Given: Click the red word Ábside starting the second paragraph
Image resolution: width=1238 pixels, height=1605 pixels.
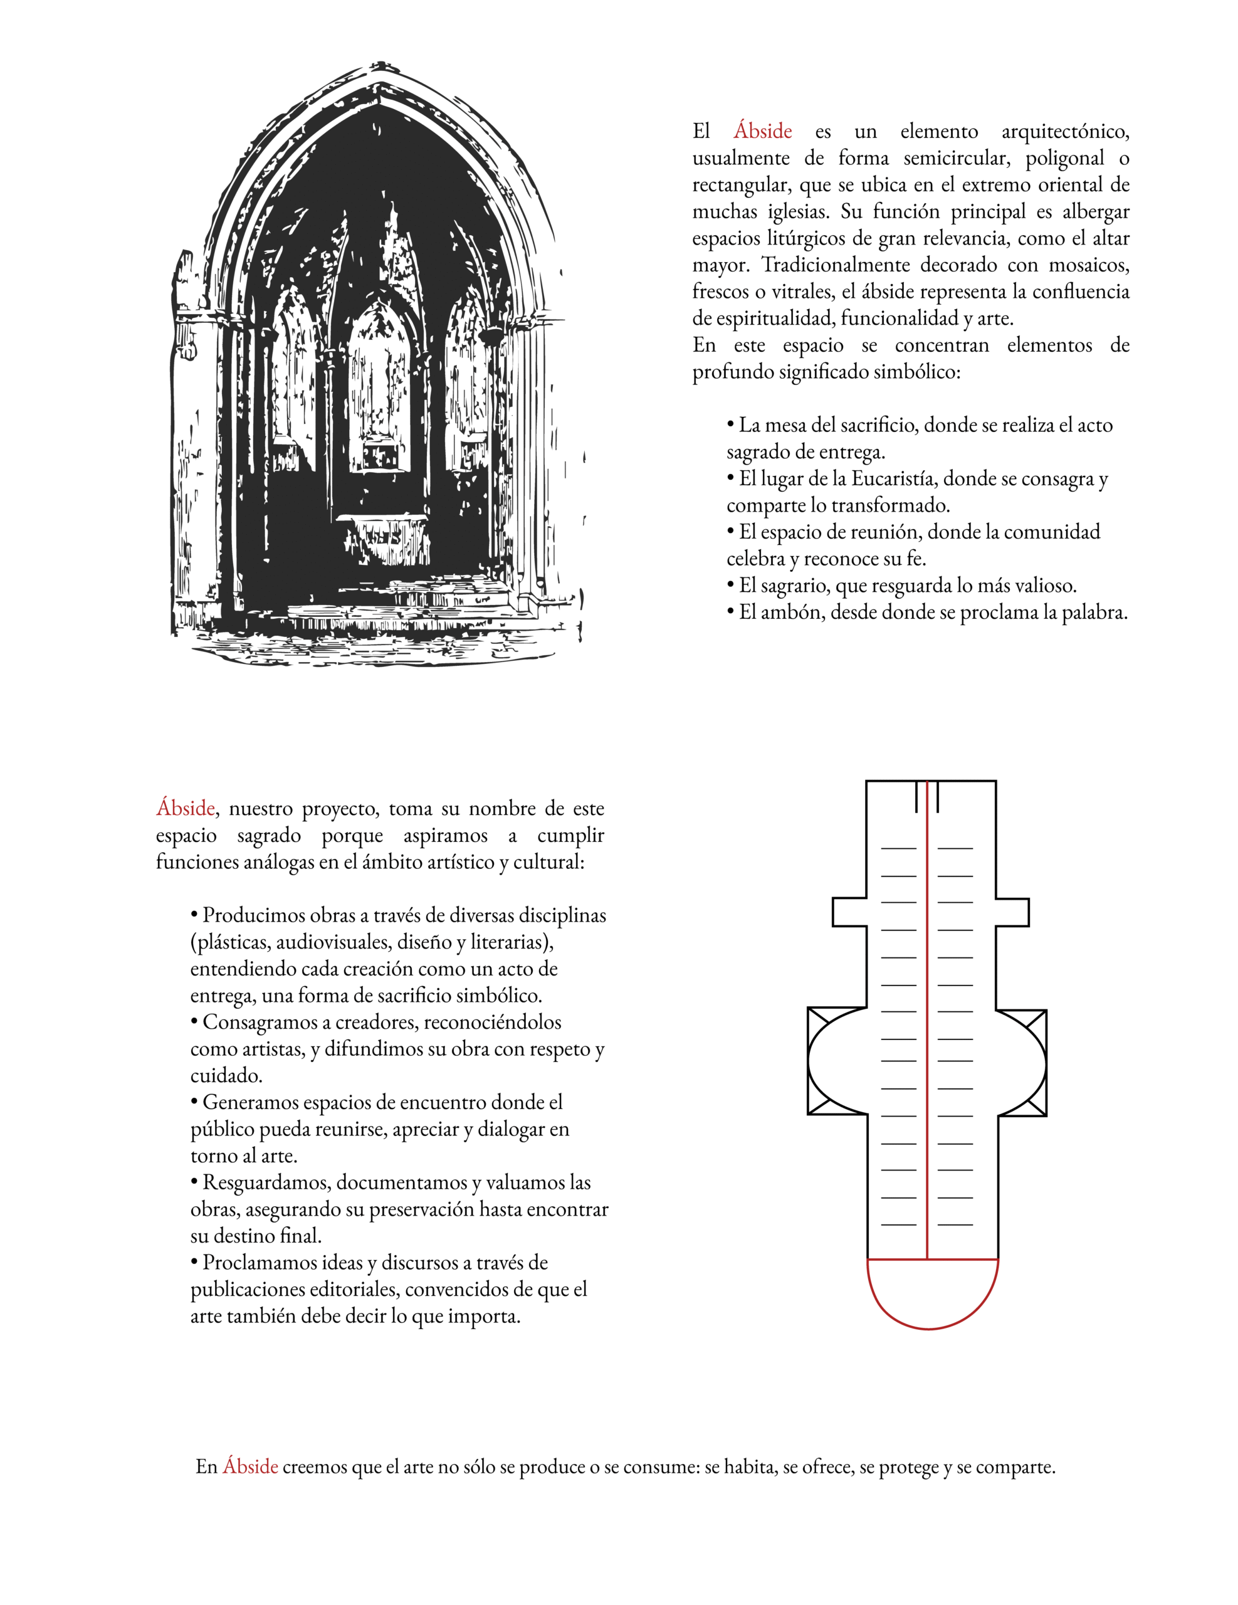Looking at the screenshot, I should tap(185, 808).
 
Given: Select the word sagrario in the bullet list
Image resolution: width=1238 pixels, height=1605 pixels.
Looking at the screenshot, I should tap(794, 586).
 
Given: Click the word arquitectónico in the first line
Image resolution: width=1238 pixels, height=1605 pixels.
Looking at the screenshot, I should tap(1064, 132).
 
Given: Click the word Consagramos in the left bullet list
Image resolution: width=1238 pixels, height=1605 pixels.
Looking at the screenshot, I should tap(259, 1022).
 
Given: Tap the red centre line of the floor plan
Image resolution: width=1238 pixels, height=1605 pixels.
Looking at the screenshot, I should tap(927, 1029).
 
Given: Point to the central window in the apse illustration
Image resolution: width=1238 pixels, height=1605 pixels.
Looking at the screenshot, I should tap(379, 389).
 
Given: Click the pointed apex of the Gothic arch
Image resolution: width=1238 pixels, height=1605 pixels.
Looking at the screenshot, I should tap(379, 70).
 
